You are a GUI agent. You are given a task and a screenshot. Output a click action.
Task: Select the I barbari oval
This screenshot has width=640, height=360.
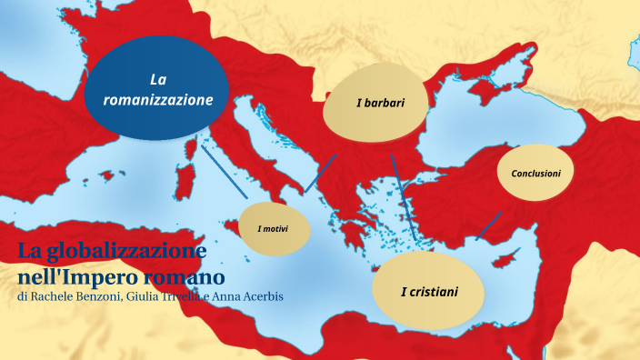[376, 103]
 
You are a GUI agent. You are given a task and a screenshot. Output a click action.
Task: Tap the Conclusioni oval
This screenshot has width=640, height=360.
[535, 173]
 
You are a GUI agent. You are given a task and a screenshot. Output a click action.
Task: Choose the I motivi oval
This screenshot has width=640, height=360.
[273, 229]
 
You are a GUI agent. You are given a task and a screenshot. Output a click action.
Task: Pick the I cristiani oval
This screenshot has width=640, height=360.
[429, 291]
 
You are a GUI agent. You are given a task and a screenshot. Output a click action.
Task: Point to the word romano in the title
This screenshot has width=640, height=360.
[185, 275]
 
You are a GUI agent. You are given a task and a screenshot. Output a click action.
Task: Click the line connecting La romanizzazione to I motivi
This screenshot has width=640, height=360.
[225, 171]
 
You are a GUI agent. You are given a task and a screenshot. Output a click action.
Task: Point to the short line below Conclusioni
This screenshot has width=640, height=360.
[489, 225]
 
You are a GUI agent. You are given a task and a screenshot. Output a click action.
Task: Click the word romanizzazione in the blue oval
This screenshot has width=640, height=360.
[158, 99]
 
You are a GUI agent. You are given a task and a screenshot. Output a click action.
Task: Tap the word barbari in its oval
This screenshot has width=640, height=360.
[385, 103]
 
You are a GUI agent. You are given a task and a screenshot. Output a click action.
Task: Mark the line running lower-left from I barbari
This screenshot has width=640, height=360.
[320, 174]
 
